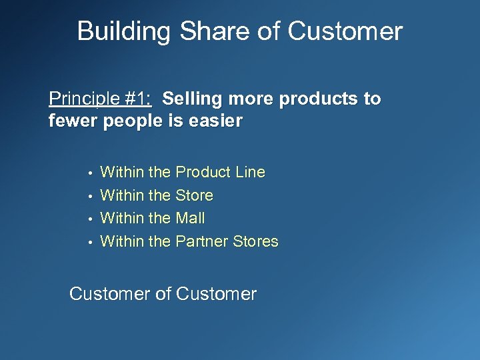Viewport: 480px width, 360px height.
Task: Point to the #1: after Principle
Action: point(138,99)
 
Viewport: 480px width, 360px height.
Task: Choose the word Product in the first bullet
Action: point(202,172)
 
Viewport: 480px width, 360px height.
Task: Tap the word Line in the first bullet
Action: point(250,172)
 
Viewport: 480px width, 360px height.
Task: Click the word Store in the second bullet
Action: point(194,195)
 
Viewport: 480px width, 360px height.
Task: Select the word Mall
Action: point(190,218)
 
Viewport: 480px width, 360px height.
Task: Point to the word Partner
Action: point(201,241)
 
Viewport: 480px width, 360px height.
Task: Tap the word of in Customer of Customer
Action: point(162,294)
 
